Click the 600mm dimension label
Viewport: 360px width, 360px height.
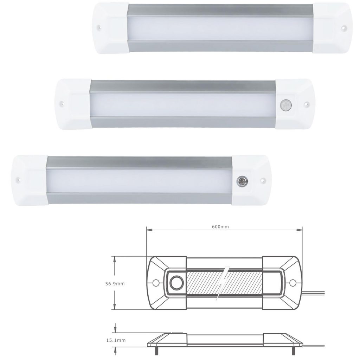[220, 227]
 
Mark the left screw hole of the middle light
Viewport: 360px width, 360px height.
[63, 104]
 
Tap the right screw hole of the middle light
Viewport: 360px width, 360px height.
[306, 104]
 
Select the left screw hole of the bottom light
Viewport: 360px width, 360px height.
[19, 179]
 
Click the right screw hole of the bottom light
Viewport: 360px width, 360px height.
[262, 180]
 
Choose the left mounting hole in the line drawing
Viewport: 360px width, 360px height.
[155, 282]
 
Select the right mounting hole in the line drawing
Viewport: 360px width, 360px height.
[292, 282]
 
